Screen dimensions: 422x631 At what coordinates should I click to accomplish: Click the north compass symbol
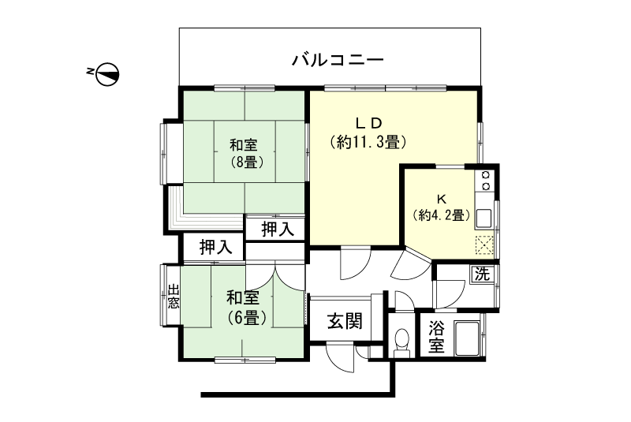tap(109, 74)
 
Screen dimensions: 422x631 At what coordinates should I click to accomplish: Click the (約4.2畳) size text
tap(441, 215)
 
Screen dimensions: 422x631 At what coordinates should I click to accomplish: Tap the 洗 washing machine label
tap(481, 274)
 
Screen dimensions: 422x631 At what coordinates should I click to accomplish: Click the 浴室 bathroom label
tap(436, 337)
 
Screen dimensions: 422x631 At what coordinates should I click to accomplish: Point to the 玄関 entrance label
tap(345, 321)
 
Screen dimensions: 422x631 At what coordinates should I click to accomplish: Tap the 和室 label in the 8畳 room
tap(243, 145)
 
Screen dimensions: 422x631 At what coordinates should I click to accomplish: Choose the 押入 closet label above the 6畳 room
tap(215, 247)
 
